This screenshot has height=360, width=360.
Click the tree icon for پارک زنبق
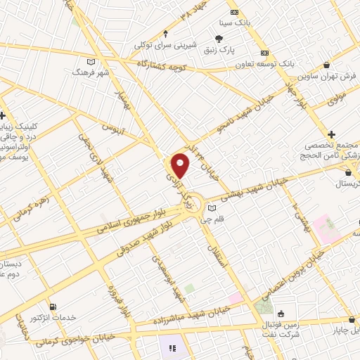click(219, 39)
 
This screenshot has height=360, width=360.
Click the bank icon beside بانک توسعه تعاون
click(264, 53)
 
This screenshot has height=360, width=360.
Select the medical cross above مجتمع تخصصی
click(331, 134)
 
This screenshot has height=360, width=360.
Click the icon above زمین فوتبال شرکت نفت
click(281, 313)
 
